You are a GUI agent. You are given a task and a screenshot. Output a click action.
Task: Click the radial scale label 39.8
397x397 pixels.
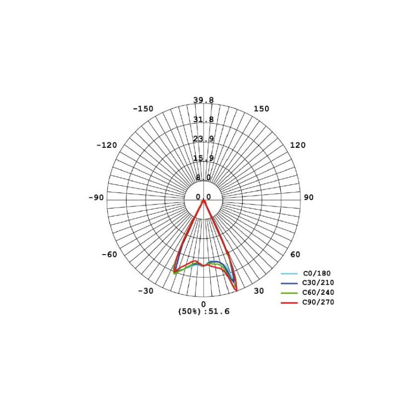coord(203,100)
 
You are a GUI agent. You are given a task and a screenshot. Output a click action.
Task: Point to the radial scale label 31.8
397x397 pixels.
coord(203,120)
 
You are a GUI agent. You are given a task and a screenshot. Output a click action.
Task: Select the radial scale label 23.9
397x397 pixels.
coord(203,139)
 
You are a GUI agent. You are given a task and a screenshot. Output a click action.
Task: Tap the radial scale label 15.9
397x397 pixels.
coord(203,158)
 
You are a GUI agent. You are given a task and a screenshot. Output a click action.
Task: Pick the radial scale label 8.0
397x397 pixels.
coord(203,178)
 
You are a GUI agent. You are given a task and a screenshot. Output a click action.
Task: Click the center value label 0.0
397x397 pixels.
coord(203,197)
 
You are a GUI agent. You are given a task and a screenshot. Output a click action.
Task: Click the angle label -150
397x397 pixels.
coord(143,109)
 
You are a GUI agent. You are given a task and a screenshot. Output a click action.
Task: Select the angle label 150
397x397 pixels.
coord(262,109)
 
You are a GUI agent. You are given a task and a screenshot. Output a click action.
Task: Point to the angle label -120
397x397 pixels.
coord(107,145)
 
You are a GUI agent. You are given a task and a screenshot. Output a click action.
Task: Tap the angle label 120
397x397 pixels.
coord(298,145)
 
